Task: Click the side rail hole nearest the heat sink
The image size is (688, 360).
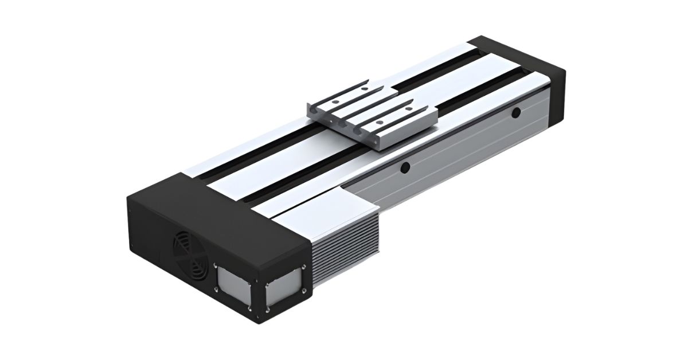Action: (x=405, y=167)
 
